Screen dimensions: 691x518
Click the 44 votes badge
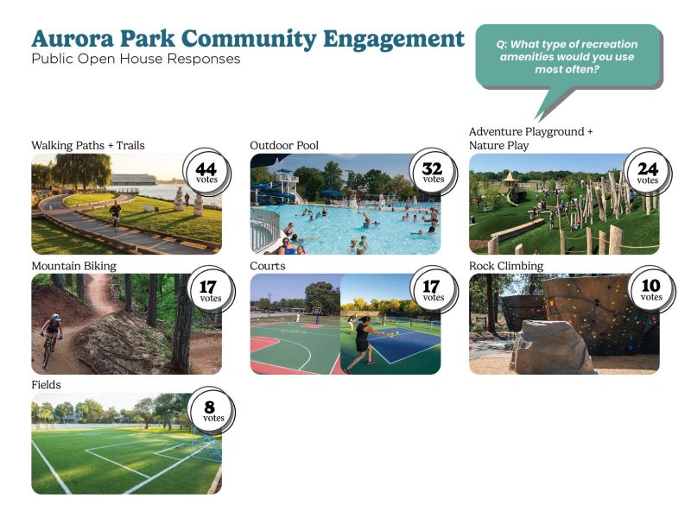206,172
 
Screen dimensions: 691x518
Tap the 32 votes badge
434,171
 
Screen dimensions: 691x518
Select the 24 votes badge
647,172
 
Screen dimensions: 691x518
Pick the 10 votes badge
651,289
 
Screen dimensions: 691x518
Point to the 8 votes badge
212,411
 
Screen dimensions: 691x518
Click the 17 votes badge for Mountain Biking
211,290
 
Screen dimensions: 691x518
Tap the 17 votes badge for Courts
434,289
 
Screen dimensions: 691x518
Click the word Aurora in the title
73,38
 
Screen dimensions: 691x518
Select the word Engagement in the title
394,40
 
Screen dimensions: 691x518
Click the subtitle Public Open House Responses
136,59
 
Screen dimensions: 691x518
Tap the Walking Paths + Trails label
88,145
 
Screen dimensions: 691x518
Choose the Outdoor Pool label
284,145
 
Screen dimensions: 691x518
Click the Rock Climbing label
506,266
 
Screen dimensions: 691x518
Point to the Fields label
47,384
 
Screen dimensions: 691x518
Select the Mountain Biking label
74,266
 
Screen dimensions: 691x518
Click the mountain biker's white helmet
56,317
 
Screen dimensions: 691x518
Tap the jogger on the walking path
116,213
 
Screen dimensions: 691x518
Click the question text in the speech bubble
567,57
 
